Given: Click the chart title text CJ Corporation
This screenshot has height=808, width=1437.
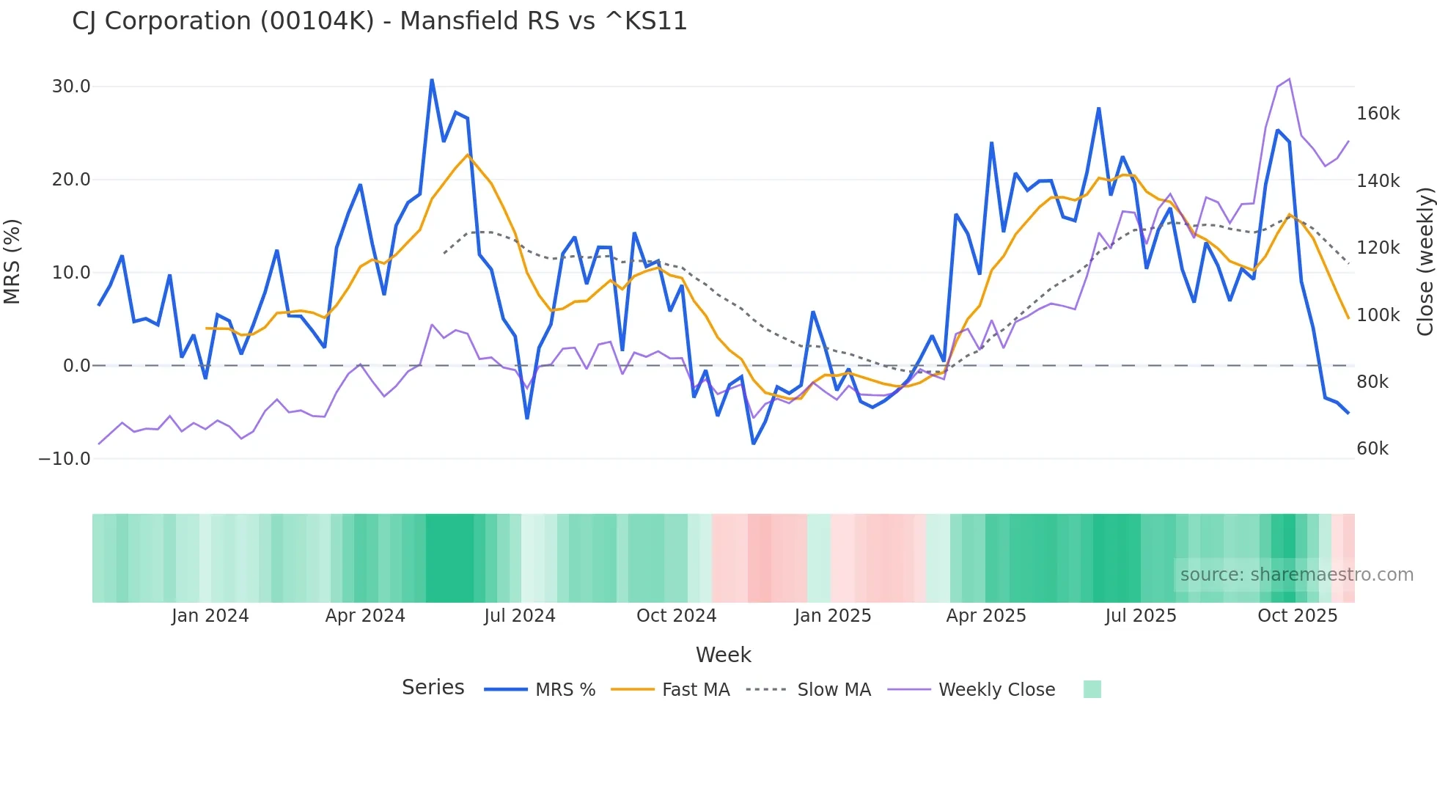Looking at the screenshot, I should point(379,21).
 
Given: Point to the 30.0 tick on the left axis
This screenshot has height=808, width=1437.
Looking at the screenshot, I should point(70,87).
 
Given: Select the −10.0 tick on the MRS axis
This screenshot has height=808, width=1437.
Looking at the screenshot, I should point(65,459).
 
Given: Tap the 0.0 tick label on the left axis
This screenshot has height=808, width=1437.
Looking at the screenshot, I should point(76,366).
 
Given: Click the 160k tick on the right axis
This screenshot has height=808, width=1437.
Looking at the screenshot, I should point(1378,114).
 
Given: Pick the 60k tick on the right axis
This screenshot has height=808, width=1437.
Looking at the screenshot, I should point(1372,449).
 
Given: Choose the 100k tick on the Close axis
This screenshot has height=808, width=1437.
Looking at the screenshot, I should point(1378,315).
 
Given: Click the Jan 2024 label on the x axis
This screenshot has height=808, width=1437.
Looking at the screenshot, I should point(210,616).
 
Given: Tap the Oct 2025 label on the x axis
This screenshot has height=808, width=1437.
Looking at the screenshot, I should point(1297,616).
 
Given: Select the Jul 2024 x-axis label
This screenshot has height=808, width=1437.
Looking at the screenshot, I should point(519,616).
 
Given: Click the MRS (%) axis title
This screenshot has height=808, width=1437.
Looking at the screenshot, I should point(12,262).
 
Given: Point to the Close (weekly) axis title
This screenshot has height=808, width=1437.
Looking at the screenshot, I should point(1425,262).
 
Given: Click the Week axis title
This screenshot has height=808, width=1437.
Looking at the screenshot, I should point(723,655).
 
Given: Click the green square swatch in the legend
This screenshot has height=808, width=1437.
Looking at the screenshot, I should point(1092,689).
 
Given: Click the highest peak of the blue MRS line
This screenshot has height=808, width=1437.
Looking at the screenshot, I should point(432,80).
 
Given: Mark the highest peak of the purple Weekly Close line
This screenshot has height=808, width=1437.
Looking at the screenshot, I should point(1289,79).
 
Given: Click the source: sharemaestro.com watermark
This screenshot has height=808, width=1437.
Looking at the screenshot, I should point(1296,575).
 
